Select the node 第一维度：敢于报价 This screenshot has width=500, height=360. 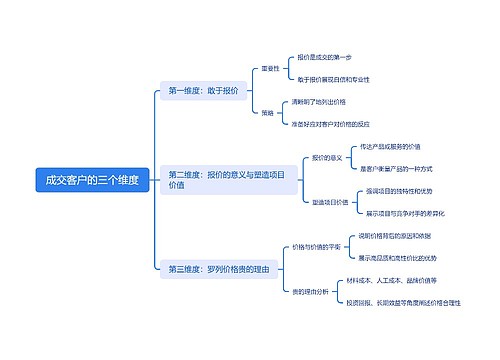tap(204, 91)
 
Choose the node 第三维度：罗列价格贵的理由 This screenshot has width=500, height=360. tap(218, 269)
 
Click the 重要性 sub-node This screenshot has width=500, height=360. tap(270, 69)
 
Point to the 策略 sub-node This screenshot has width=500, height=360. tap(267, 113)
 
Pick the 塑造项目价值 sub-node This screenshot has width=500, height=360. tap(329, 202)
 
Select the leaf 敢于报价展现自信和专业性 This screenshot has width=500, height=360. tap(333, 79)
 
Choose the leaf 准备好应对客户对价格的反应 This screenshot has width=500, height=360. tap(330, 124)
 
